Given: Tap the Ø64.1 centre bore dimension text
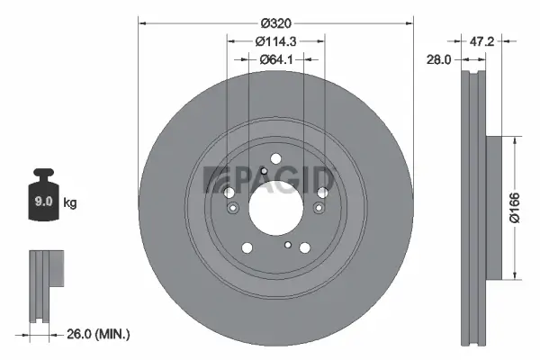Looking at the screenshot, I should (274, 59).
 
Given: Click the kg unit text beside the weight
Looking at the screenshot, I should (70, 203).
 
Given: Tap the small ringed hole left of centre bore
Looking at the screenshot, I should (233, 210).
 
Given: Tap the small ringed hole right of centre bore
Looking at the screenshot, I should (317, 210).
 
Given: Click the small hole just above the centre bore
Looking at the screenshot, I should (263, 171).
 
